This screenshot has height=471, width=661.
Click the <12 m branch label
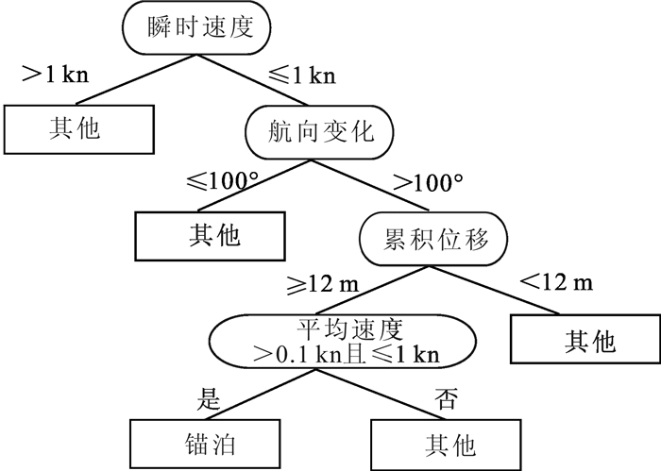[557, 283]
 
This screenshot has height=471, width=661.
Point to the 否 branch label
[444, 397]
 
